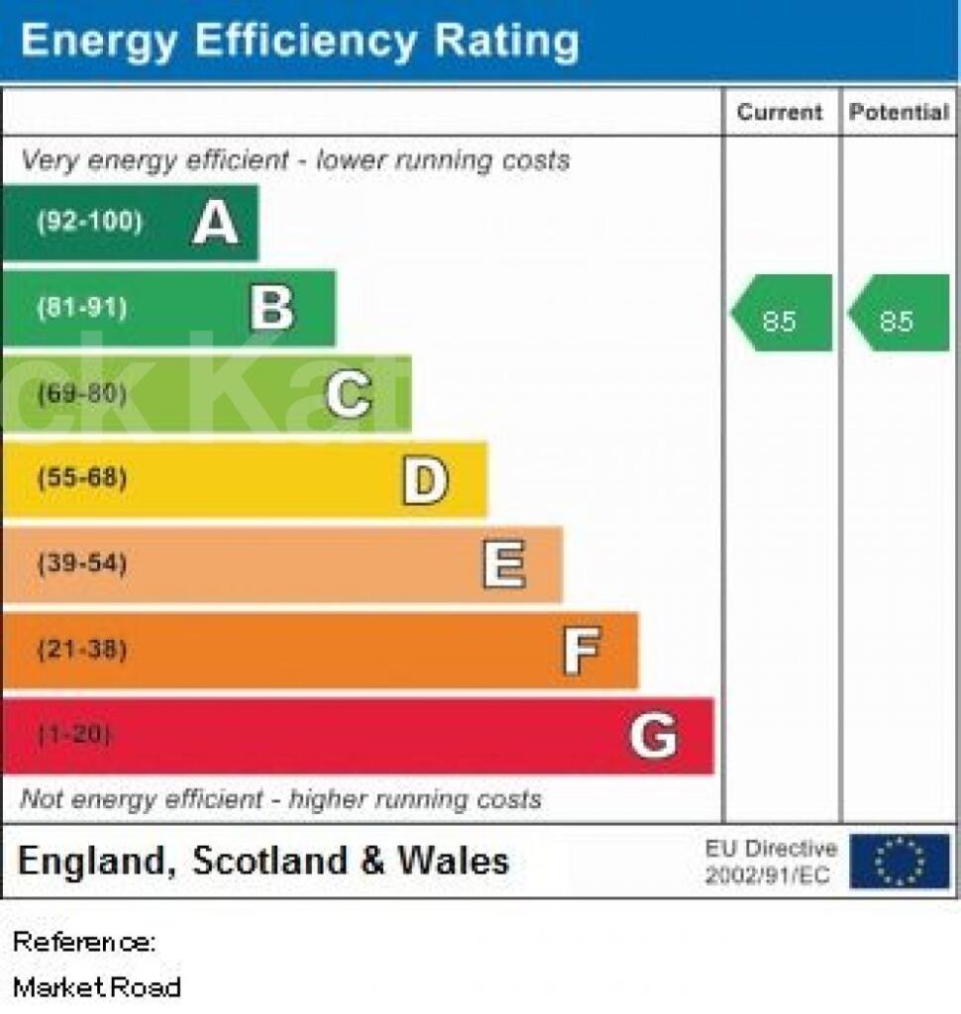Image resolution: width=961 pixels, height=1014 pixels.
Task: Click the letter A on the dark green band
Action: click(x=216, y=222)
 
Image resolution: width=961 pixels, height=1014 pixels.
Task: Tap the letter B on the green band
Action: click(x=272, y=308)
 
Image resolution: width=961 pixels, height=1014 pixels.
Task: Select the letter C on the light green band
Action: click(x=349, y=394)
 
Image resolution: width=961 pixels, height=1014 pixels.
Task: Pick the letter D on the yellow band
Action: click(x=425, y=480)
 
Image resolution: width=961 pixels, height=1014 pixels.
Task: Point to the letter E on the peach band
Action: click(x=503, y=565)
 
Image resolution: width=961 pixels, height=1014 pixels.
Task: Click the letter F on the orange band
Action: click(x=582, y=652)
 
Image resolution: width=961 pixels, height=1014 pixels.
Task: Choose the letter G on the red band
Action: click(x=654, y=737)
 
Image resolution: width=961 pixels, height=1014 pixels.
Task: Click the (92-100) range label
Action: click(x=89, y=222)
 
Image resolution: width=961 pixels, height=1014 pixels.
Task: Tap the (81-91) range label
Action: click(x=82, y=308)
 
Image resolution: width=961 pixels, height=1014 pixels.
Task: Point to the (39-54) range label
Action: click(x=82, y=564)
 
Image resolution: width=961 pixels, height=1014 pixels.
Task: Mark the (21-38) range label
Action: click(x=82, y=651)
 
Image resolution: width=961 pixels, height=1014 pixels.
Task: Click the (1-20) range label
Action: click(x=75, y=736)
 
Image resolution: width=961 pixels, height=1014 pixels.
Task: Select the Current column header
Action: click(x=780, y=112)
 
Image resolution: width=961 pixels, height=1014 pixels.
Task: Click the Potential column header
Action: click(x=899, y=112)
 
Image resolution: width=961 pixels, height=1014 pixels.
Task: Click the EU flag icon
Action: click(x=900, y=861)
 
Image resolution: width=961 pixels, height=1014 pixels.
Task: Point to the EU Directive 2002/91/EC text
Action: click(x=770, y=862)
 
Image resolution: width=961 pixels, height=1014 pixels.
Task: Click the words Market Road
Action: click(x=97, y=986)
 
